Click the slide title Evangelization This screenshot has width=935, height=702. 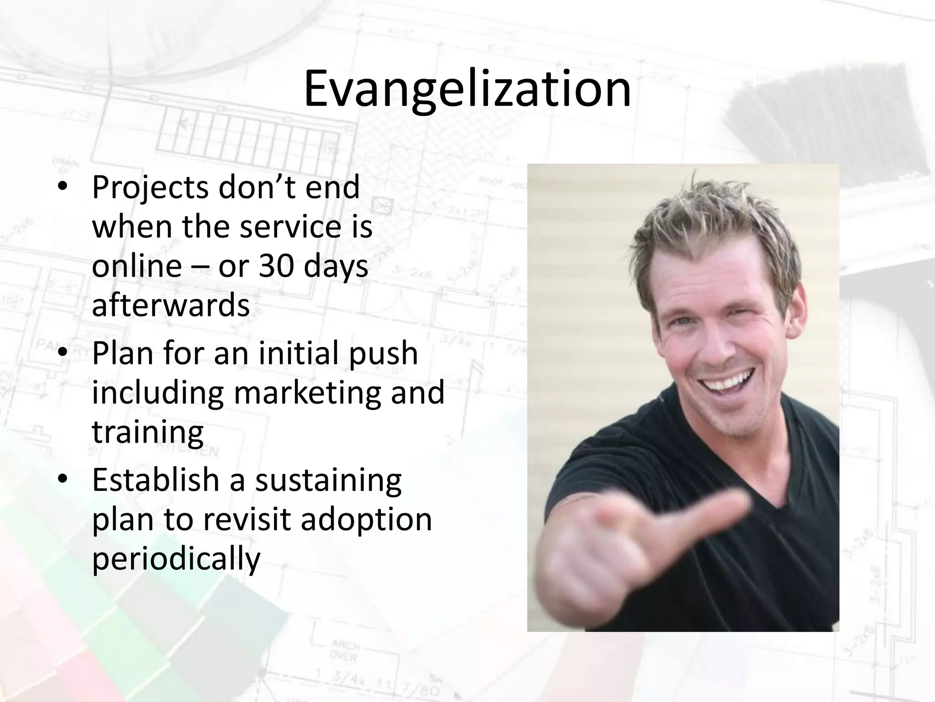pyautogui.click(x=467, y=89)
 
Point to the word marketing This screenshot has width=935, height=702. pyautogui.click(x=307, y=393)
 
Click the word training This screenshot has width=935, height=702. pyautogui.click(x=147, y=432)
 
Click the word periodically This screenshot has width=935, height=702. pyautogui.click(x=176, y=559)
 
